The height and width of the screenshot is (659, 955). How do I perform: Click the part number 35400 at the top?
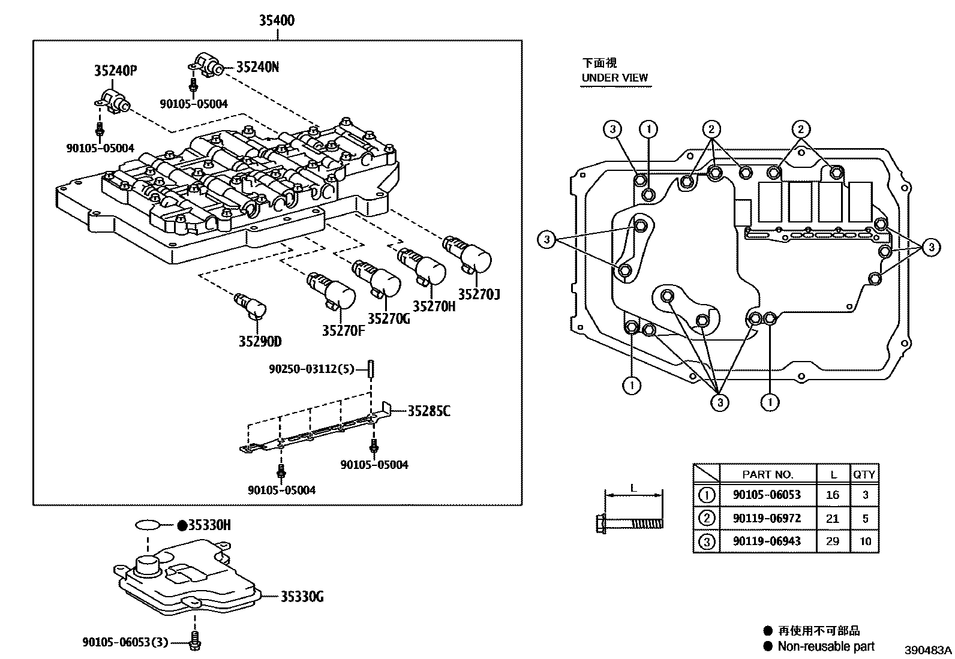277,20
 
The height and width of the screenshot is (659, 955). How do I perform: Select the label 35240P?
115,71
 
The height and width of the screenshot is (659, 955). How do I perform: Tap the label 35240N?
257,67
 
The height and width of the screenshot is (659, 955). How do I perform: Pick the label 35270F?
343,330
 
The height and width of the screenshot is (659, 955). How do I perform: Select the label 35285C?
429,411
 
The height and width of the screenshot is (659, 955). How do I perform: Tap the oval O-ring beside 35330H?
148,526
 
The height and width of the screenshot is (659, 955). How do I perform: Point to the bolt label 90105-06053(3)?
125,642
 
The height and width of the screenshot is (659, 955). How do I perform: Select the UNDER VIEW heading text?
614,77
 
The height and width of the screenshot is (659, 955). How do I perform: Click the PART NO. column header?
767,474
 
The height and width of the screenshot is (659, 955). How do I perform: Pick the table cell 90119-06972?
767,518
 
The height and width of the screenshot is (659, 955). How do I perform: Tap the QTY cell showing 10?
864,541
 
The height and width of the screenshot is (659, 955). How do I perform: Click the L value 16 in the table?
832,495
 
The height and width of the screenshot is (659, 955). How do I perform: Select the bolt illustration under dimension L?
630,523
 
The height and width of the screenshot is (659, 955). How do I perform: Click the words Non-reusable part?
825,646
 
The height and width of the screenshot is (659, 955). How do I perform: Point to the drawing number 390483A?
928,651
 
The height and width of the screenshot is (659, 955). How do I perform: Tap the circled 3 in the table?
707,542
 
